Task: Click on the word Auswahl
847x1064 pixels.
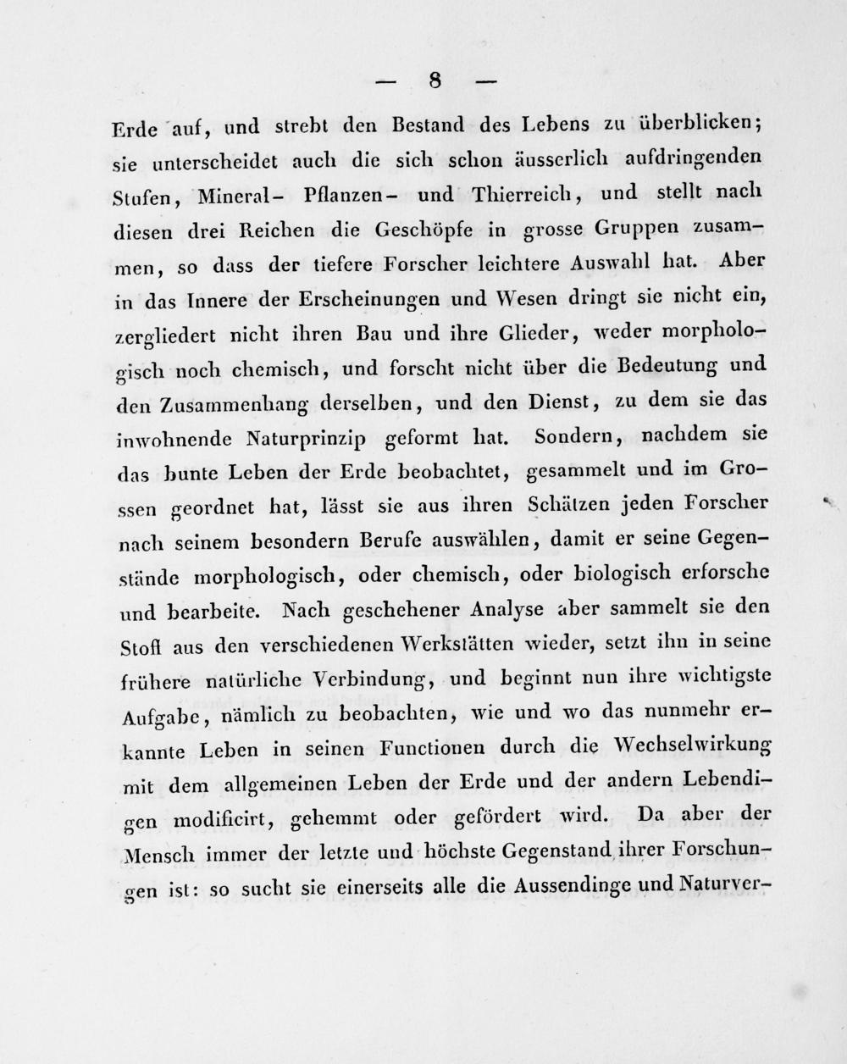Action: pyautogui.click(x=606, y=264)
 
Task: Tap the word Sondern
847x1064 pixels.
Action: pyautogui.click(x=567, y=436)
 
